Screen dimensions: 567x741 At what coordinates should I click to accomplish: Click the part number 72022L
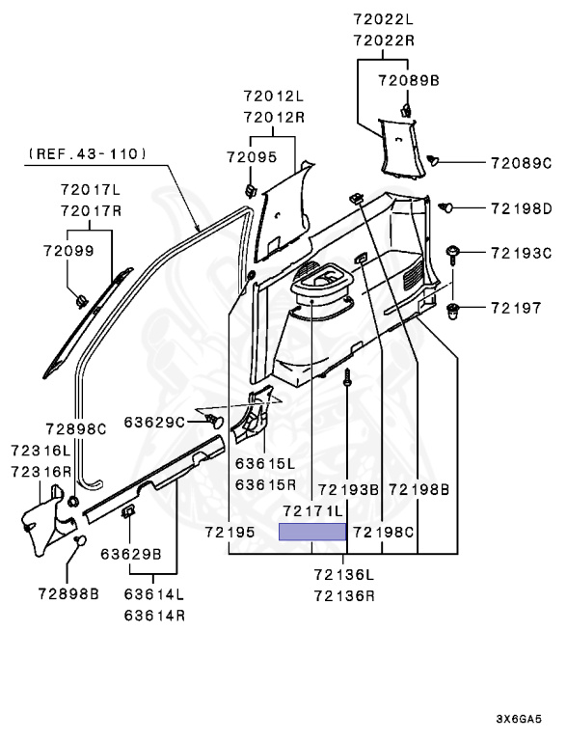[383, 19]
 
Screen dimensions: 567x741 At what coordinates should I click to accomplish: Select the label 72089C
[521, 163]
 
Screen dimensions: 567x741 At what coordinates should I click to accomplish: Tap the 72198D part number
[521, 208]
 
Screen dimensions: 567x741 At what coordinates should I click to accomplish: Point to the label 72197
[516, 308]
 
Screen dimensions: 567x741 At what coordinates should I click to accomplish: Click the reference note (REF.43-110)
[88, 154]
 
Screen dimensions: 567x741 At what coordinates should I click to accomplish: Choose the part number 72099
[69, 251]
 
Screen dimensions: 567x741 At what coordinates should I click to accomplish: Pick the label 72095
[252, 157]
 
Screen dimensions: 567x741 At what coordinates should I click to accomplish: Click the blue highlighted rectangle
[312, 532]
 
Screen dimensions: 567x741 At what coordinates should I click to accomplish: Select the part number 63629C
[154, 422]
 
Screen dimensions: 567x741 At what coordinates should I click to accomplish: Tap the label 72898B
[68, 594]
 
